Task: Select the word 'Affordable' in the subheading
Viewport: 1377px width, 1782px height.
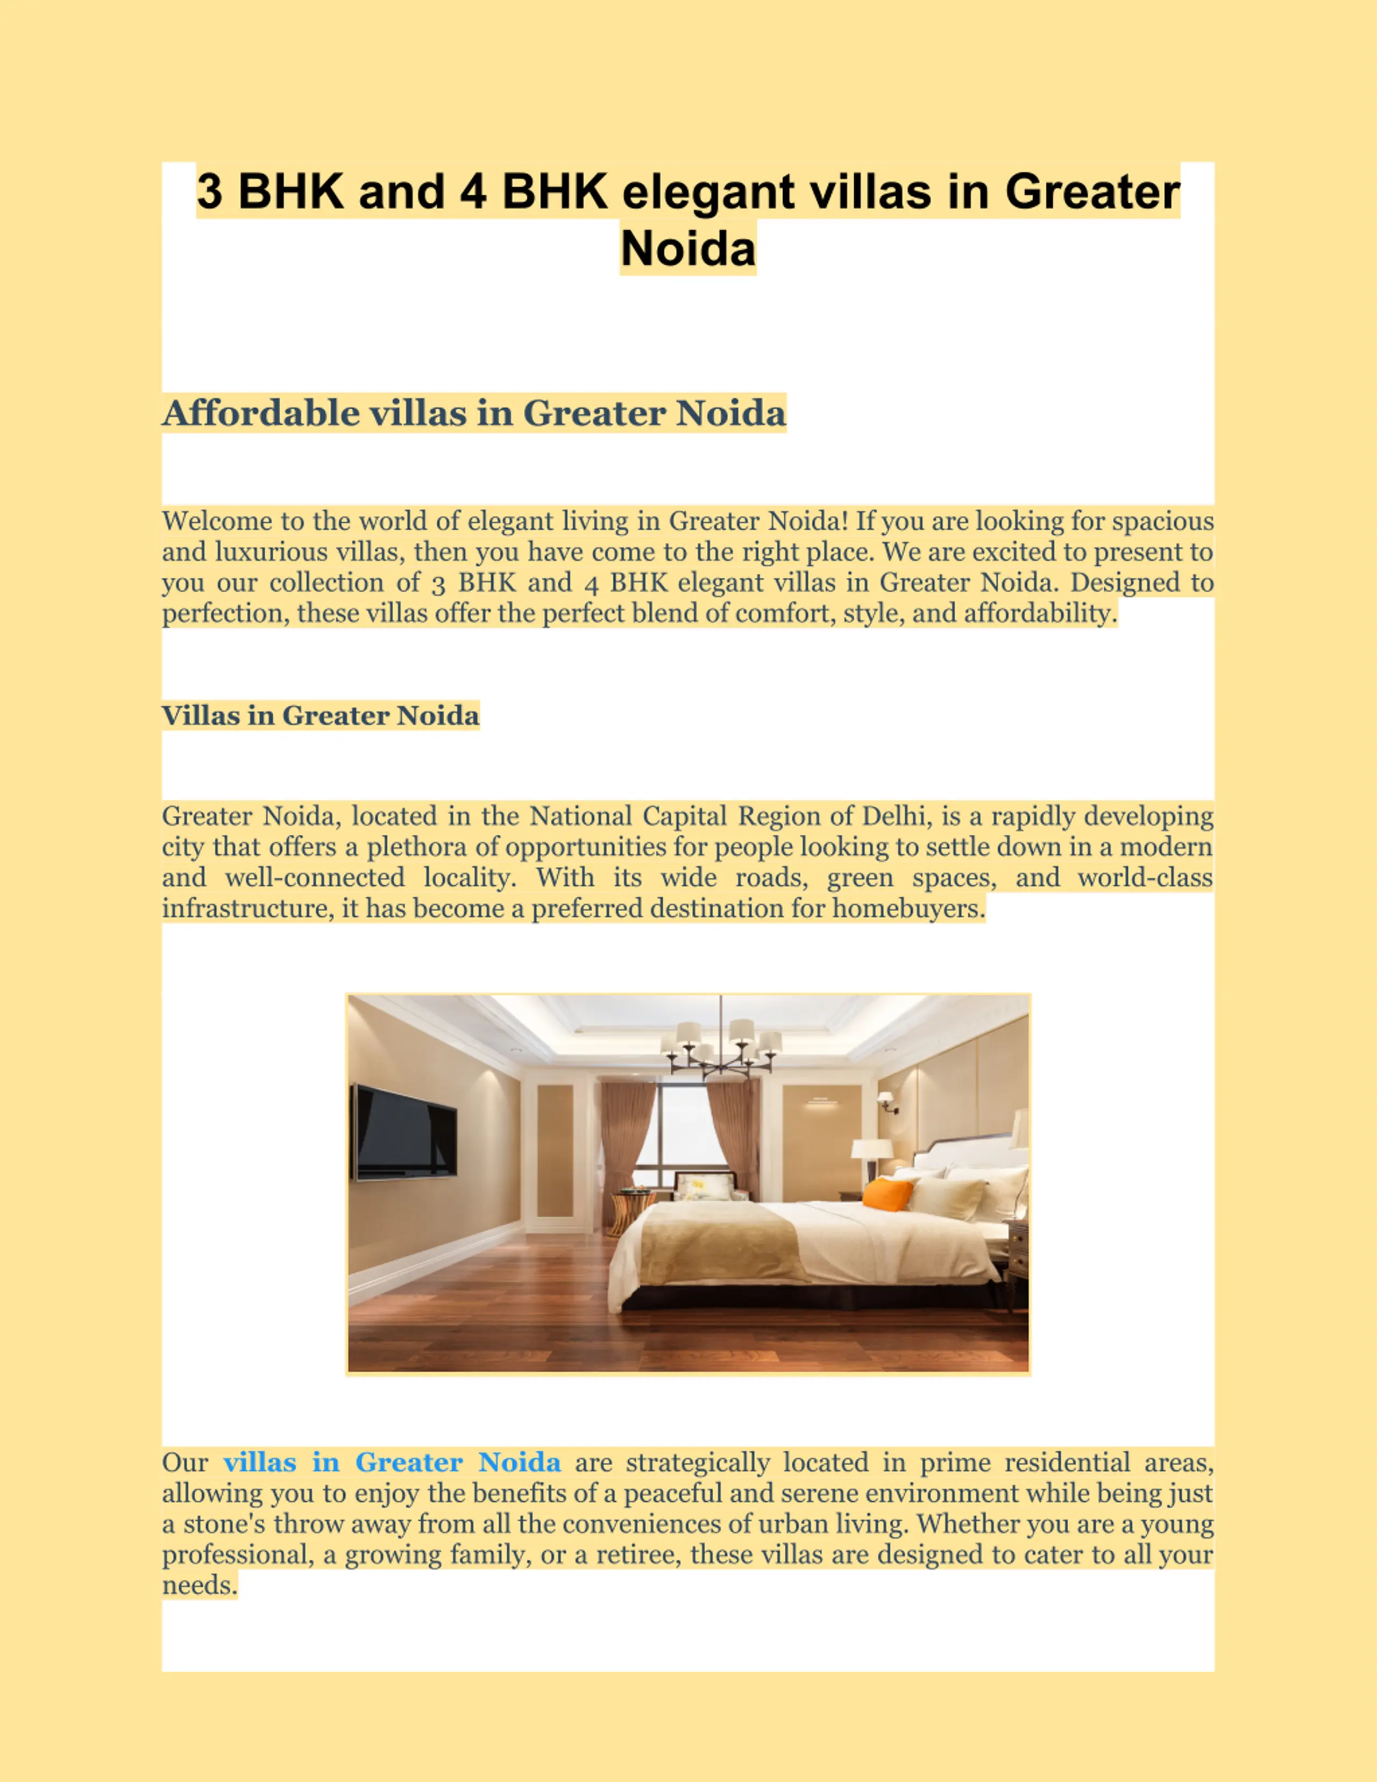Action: point(260,413)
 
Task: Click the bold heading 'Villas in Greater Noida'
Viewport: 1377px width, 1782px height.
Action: point(321,715)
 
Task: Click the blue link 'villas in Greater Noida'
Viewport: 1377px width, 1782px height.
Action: point(392,1462)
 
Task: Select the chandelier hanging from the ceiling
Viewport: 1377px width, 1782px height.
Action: point(721,1048)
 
